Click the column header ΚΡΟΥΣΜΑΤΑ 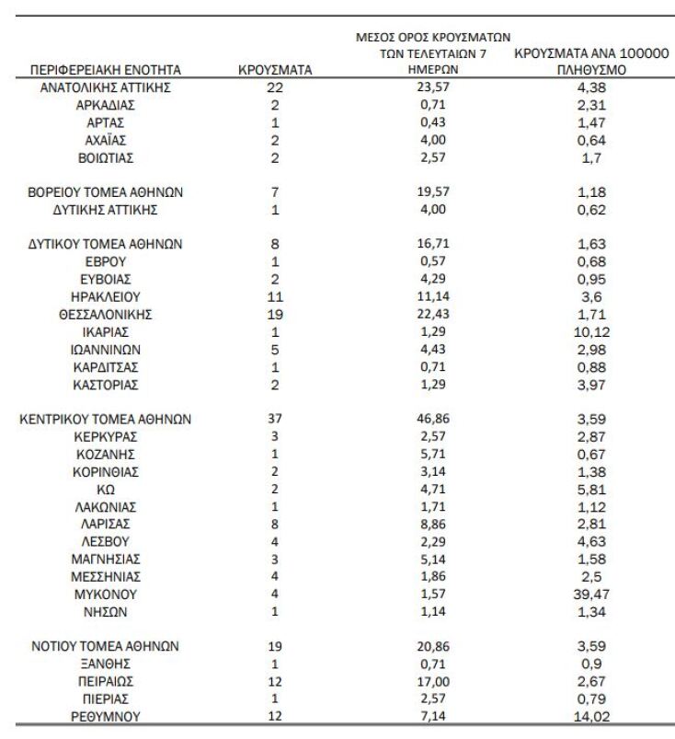274,69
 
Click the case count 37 274,419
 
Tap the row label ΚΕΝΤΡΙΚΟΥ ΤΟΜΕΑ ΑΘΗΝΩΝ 106,419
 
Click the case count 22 274,87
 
